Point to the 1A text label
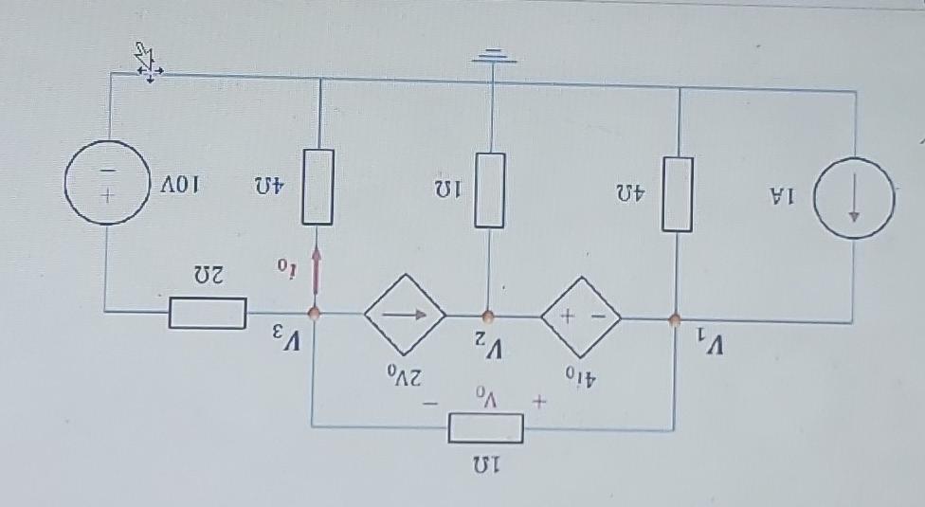783,197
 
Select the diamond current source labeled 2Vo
405,315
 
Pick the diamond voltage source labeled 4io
580,317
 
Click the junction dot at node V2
487,316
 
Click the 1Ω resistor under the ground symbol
489,190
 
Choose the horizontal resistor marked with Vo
485,429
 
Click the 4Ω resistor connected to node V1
677,193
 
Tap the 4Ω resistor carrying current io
317,187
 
